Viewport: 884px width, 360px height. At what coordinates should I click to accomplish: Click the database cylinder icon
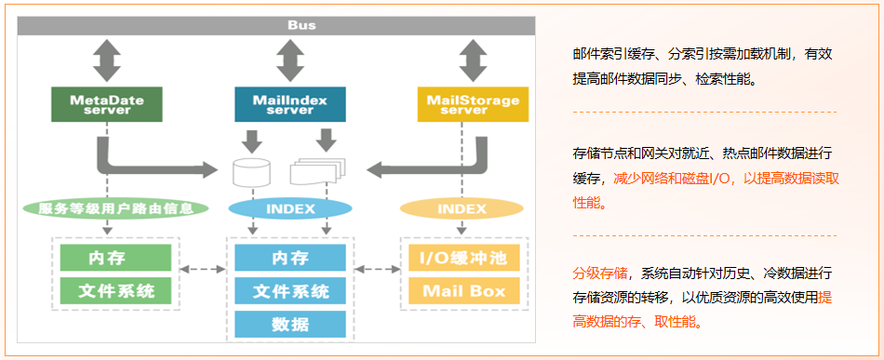click(x=250, y=171)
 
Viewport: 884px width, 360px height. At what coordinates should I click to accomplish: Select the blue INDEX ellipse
click(x=290, y=208)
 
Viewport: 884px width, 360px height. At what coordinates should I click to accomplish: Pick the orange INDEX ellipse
click(x=462, y=208)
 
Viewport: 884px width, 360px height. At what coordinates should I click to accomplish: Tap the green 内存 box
click(x=115, y=257)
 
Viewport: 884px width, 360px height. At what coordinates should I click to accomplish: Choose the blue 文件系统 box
click(x=290, y=291)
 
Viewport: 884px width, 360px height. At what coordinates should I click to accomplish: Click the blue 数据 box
click(x=290, y=324)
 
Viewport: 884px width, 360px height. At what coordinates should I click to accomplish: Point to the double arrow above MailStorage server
click(x=473, y=60)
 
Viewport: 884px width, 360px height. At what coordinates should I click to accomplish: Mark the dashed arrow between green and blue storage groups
click(x=202, y=270)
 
